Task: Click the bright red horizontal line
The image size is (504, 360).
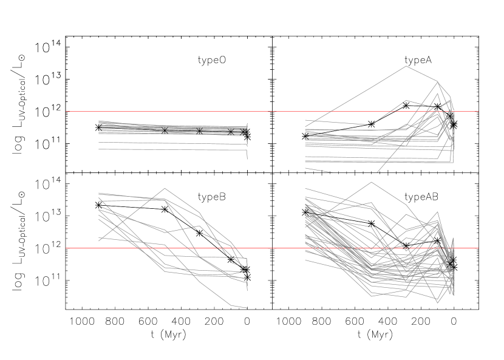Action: [x=182, y=248]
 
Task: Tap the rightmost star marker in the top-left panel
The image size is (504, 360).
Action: [x=244, y=131]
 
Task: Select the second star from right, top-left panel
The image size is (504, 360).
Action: [x=231, y=131]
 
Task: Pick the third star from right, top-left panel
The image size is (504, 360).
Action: [x=199, y=131]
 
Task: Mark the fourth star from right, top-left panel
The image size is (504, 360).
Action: [x=165, y=130]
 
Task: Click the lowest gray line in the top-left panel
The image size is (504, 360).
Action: [x=170, y=150]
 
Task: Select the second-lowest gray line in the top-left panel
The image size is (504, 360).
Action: [x=170, y=143]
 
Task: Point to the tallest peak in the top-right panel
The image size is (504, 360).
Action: [x=406, y=66]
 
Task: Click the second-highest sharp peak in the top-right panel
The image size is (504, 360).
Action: [x=437, y=81]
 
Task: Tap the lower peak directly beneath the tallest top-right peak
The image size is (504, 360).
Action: [x=406, y=101]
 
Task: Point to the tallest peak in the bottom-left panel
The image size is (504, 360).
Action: [x=165, y=188]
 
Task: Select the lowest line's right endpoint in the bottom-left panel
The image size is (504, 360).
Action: [x=247, y=308]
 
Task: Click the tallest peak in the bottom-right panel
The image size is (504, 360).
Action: [x=370, y=182]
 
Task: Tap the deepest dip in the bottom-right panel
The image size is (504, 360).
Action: [x=438, y=302]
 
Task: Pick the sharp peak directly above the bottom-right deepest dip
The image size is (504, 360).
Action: [x=438, y=212]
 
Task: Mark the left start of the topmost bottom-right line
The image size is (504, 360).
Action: [x=305, y=189]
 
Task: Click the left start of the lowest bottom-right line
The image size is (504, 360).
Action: [x=305, y=260]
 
